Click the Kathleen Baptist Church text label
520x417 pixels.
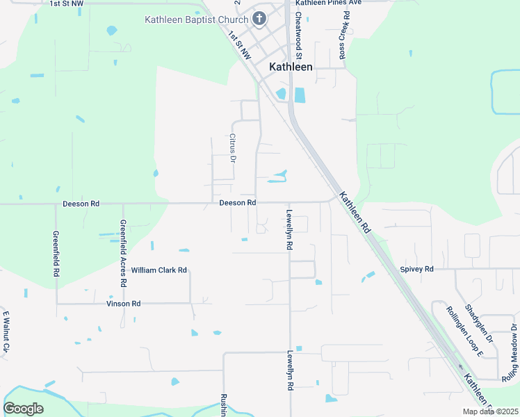pos(197,19)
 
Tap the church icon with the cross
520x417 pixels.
pos(259,19)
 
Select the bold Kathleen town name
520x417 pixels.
pos(291,67)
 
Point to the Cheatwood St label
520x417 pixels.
pos(298,35)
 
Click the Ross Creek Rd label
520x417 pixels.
pos(343,35)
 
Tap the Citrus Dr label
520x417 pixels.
pos(234,147)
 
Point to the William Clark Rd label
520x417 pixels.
pos(159,270)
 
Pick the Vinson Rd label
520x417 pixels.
pos(123,304)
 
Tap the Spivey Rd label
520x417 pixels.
pos(416,269)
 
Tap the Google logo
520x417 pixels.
pos(23,409)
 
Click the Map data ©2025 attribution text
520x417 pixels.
pos(489,411)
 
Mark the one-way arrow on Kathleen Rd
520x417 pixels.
pos(460,366)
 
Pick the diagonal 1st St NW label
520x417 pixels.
pos(242,49)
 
